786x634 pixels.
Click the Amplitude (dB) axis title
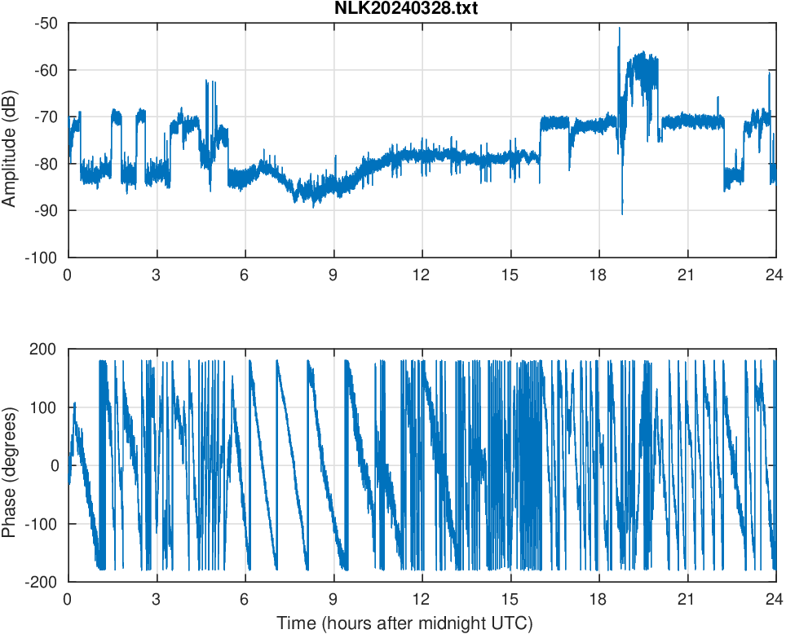[11, 140]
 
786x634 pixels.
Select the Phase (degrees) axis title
[11, 465]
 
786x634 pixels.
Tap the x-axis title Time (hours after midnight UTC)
[404, 623]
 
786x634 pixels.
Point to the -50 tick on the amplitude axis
[46, 23]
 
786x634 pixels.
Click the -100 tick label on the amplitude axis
[43, 258]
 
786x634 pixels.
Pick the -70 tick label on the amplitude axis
[46, 117]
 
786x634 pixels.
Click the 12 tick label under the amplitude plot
[422, 275]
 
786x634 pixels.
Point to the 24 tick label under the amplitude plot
[775, 275]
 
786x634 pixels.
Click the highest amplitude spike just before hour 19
[619, 28]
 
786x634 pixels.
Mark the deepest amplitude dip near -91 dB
[622, 214]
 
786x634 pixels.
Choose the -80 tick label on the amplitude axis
[46, 164]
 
